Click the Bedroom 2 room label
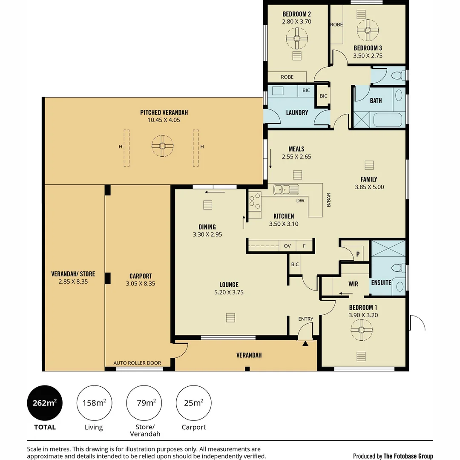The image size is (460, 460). [x=296, y=14]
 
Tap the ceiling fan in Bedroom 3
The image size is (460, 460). [x=368, y=30]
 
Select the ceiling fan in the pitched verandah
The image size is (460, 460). [x=163, y=146]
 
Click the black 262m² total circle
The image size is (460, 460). [x=45, y=403]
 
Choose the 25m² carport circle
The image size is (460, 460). [x=194, y=403]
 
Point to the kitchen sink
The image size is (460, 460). [x=286, y=190]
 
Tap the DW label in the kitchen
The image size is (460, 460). [x=300, y=201]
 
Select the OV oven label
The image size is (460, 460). [x=287, y=246]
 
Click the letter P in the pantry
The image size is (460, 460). [x=358, y=254]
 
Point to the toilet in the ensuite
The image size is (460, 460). [x=398, y=267]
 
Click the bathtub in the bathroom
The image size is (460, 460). [x=383, y=120]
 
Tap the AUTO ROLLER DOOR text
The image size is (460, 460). [x=137, y=363]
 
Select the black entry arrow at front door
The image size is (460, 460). [x=305, y=343]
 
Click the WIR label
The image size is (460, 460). [x=353, y=284]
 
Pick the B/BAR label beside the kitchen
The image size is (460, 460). [x=328, y=200]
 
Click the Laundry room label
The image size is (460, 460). [x=297, y=112]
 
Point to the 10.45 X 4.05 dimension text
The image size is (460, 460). [x=164, y=120]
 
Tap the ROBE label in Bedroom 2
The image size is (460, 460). [x=287, y=77]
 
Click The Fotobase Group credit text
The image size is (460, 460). [x=408, y=456]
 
